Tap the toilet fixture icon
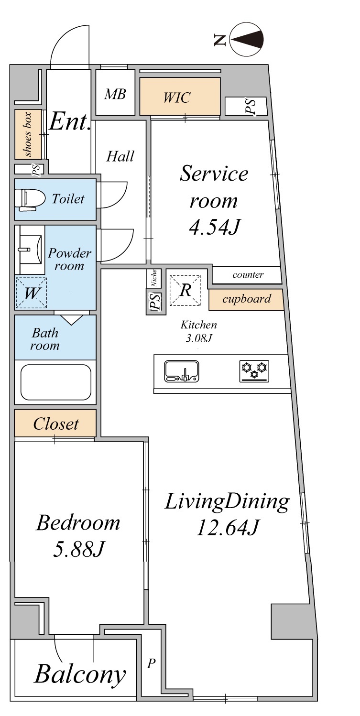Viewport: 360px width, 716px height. click(30, 199)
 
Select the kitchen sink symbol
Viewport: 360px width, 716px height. click(181, 371)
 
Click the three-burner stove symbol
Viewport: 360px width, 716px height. click(254, 371)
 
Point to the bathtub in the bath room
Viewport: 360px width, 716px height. click(55, 382)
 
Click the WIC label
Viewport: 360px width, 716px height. click(177, 98)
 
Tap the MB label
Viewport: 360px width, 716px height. click(115, 94)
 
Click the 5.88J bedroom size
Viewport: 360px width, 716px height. click(78, 549)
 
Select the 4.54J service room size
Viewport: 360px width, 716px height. click(214, 227)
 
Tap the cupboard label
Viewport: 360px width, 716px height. click(247, 299)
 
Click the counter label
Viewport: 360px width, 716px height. click(248, 275)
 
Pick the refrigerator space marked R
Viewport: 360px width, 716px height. click(185, 290)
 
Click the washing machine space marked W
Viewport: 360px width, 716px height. click(32, 293)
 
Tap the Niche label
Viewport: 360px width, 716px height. click(154, 278)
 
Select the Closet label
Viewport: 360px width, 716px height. click(55, 424)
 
